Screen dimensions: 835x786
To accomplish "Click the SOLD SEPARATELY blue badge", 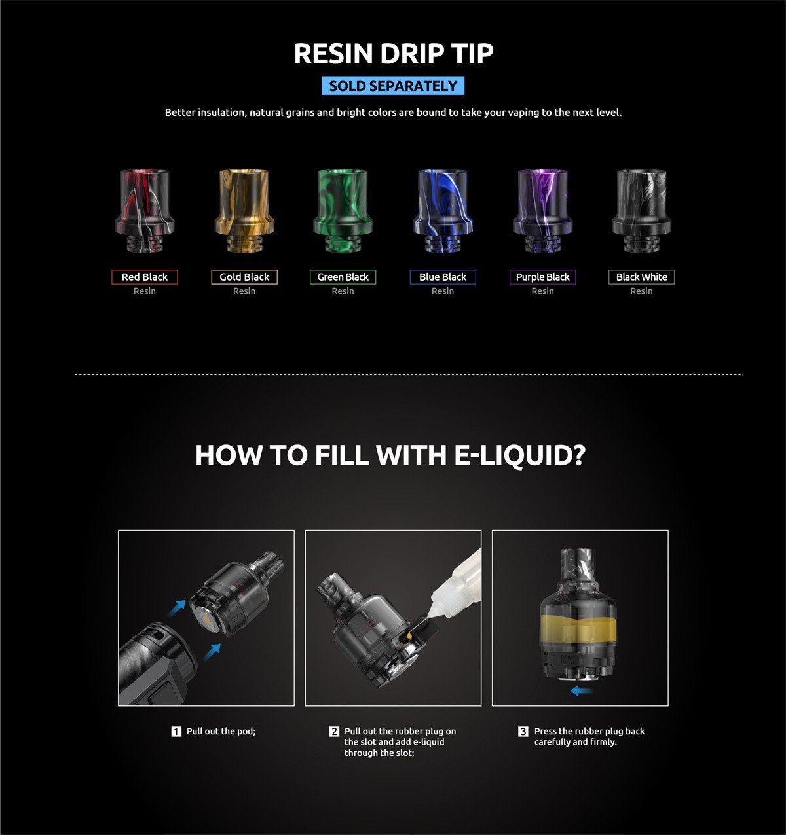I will click(393, 86).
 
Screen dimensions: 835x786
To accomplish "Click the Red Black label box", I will click(145, 277).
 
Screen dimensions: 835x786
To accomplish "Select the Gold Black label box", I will click(244, 277).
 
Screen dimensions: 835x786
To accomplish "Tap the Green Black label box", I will click(343, 277).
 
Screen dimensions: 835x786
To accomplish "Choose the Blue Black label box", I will click(443, 277).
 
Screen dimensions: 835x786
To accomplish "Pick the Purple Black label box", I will click(542, 277).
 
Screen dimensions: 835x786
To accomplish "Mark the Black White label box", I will click(641, 277).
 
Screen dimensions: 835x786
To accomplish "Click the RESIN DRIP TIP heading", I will click(393, 54).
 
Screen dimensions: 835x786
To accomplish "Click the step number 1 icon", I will click(176, 732).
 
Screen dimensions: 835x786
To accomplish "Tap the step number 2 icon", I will click(334, 732).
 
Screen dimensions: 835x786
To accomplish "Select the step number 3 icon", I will click(523, 732).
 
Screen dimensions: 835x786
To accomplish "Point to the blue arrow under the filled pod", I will click(581, 690).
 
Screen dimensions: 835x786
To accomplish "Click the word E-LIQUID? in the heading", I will click(519, 455).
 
